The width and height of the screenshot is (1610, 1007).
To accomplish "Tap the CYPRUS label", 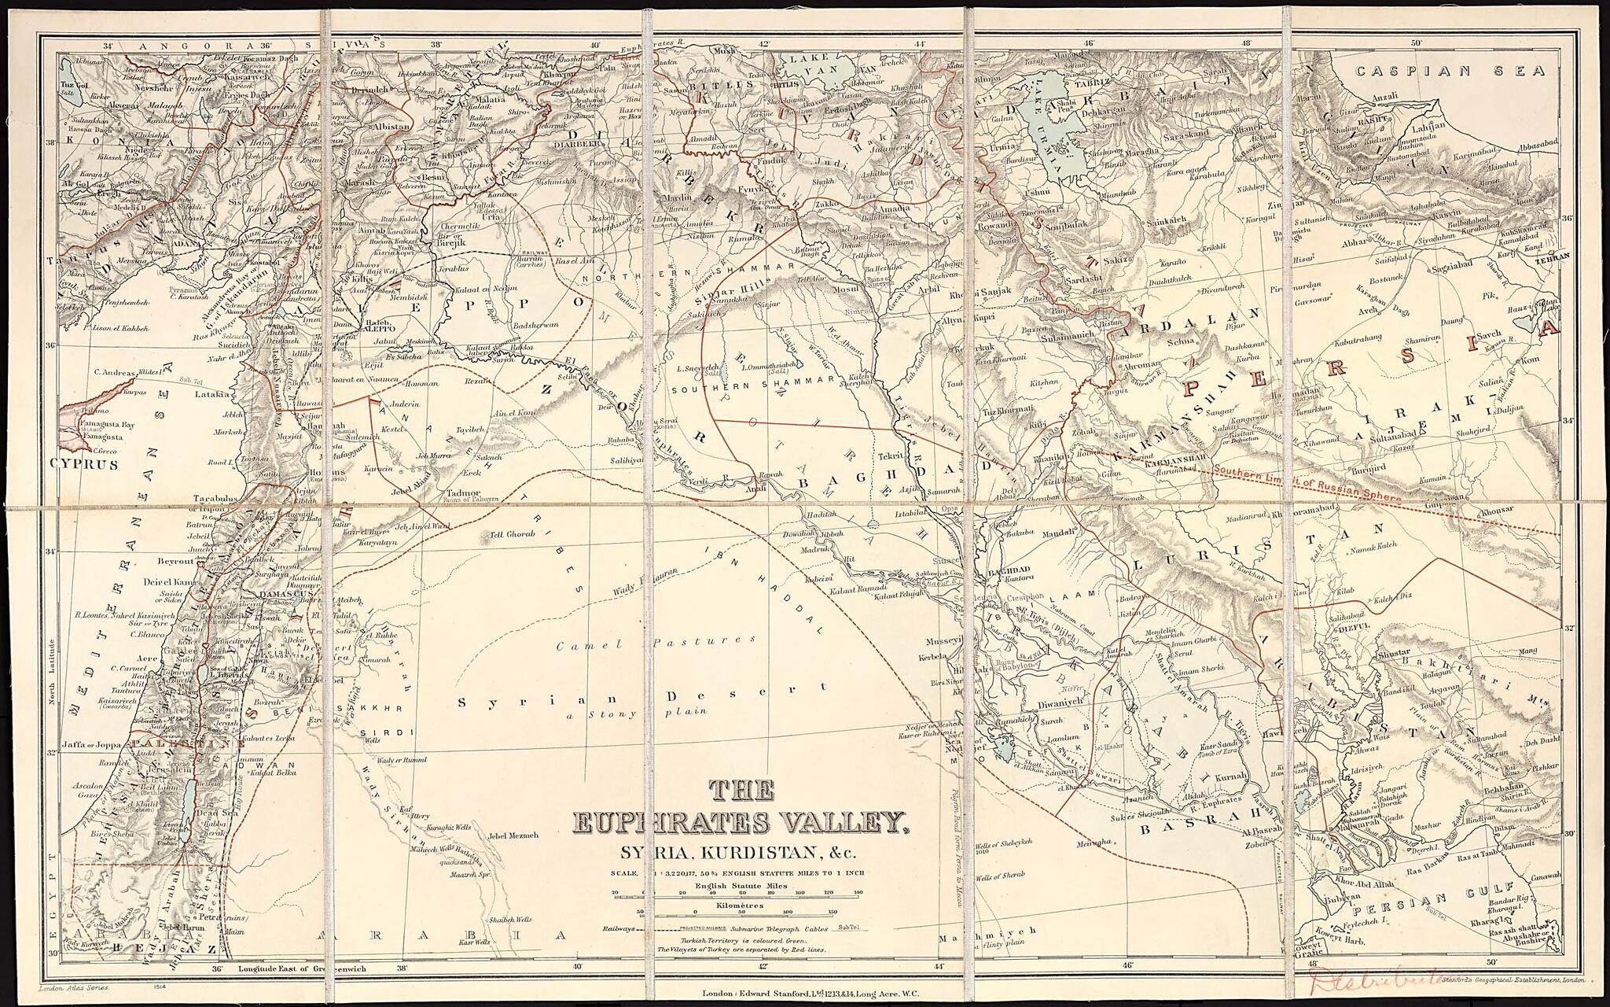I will click(x=84, y=465).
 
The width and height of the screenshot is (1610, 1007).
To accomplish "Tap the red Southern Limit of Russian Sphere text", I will click(x=1307, y=483).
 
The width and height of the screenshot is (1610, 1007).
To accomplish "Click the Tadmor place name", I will click(x=462, y=493).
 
